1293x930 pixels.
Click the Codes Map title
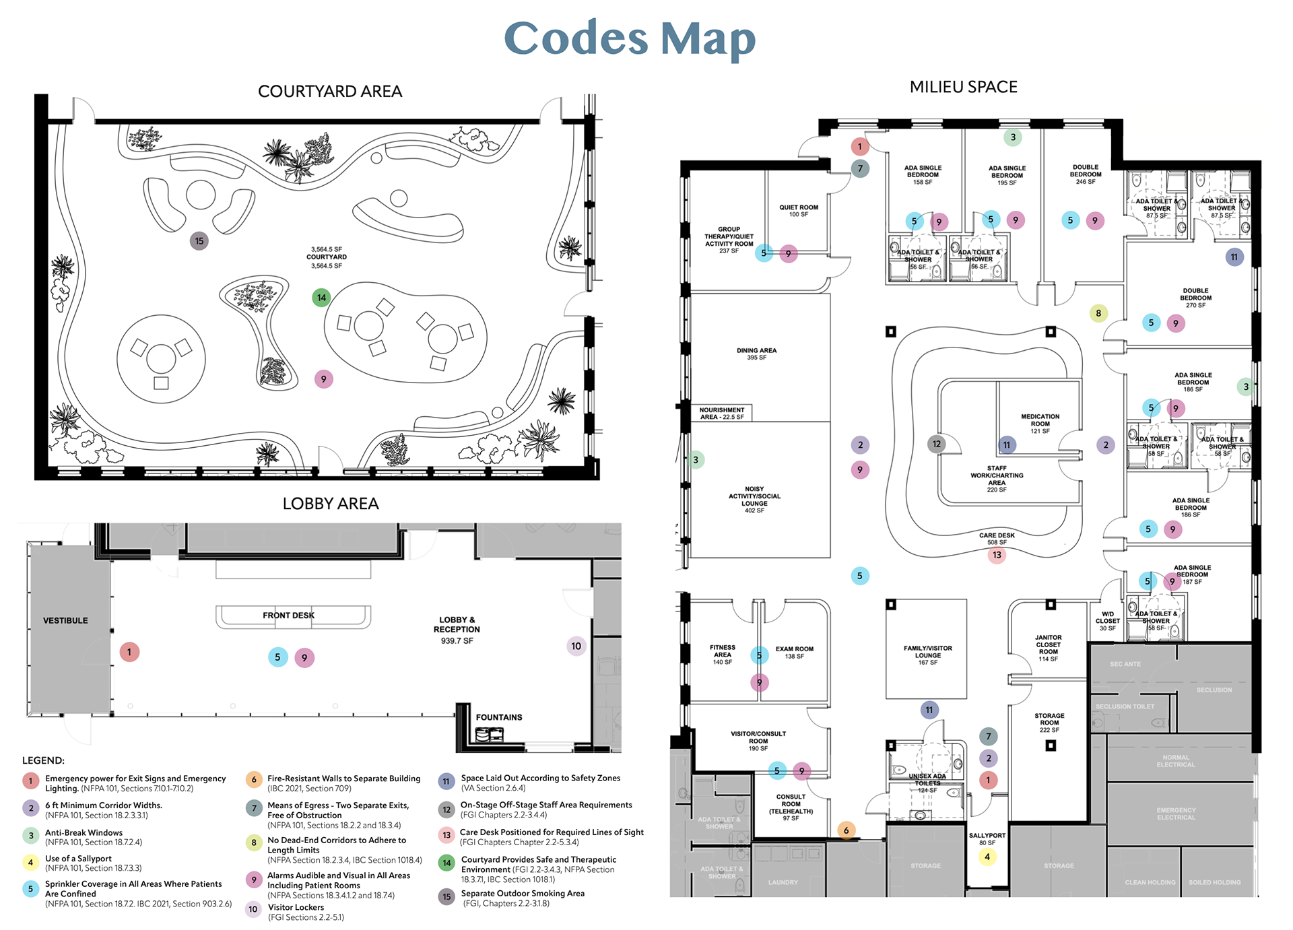pyautogui.click(x=630, y=38)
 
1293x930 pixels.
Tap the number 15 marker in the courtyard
pyautogui.click(x=199, y=241)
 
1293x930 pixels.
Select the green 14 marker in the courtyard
pyautogui.click(x=321, y=297)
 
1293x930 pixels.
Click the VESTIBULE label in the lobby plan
pyautogui.click(x=65, y=620)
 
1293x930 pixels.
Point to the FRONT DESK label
pyautogui.click(x=288, y=616)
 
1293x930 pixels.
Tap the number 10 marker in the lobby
pyautogui.click(x=576, y=646)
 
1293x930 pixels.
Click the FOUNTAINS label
pyautogui.click(x=499, y=717)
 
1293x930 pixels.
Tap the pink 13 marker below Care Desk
pyautogui.click(x=997, y=555)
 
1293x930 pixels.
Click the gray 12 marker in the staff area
pyautogui.click(x=937, y=444)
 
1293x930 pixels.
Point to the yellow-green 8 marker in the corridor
pyautogui.click(x=1098, y=313)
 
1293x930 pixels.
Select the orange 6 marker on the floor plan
pyautogui.click(x=847, y=830)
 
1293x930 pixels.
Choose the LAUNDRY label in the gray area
pyautogui.click(x=783, y=882)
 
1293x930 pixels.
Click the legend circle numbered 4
pyautogui.click(x=30, y=863)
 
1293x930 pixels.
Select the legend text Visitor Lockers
pyautogui.click(x=296, y=907)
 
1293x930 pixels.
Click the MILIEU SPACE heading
pyautogui.click(x=963, y=87)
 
